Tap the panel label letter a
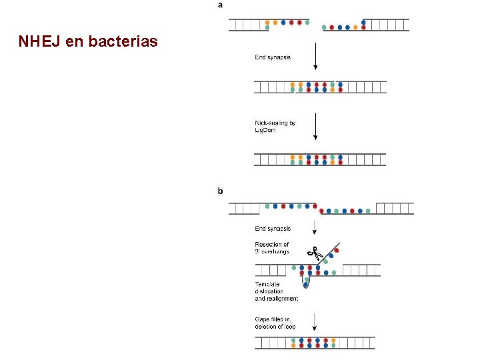pos(221,5)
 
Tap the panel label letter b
pos(221,191)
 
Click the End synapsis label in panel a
pos(273,57)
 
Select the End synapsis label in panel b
pos(273,229)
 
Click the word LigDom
pos(265,130)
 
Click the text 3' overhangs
pos(272,251)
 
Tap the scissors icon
pos(314,253)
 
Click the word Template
pos(267,284)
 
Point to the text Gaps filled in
pos(273,319)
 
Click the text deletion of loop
pos(275,327)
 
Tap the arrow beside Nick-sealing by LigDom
pos(315,126)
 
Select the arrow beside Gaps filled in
pos(315,323)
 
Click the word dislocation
pos(269,291)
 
